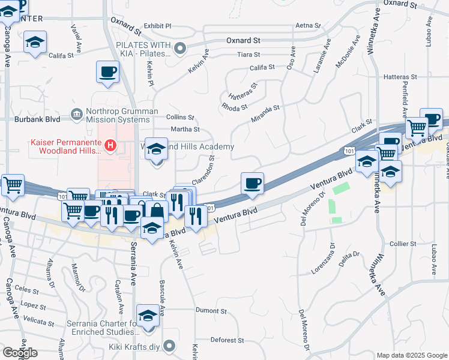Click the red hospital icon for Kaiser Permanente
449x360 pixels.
coord(110,145)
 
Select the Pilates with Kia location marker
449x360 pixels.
coord(180,47)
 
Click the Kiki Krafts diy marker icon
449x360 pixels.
coord(169,346)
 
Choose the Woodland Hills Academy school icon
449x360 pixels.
coord(157,150)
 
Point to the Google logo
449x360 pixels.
coord(20,352)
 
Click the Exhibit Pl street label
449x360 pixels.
coord(157,26)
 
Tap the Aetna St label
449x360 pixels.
coord(310,26)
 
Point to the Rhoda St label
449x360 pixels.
coord(234,107)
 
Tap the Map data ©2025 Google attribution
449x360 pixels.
coord(412,355)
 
